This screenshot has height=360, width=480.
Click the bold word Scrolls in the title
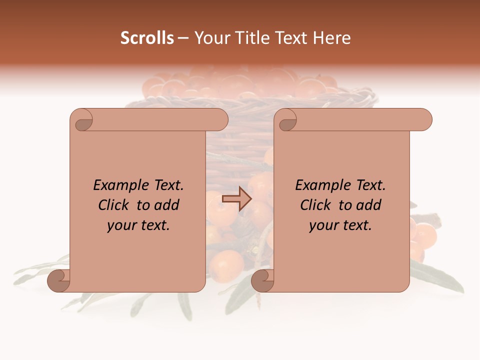147,38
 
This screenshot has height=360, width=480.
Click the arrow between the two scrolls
236,199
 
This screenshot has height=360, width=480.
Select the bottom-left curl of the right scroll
262,280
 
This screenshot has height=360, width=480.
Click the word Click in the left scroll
114,205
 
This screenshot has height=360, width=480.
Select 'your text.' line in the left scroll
138,225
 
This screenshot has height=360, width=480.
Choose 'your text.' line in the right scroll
340,225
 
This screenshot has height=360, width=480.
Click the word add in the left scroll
167,205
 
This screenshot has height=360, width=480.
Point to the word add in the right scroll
369,205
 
